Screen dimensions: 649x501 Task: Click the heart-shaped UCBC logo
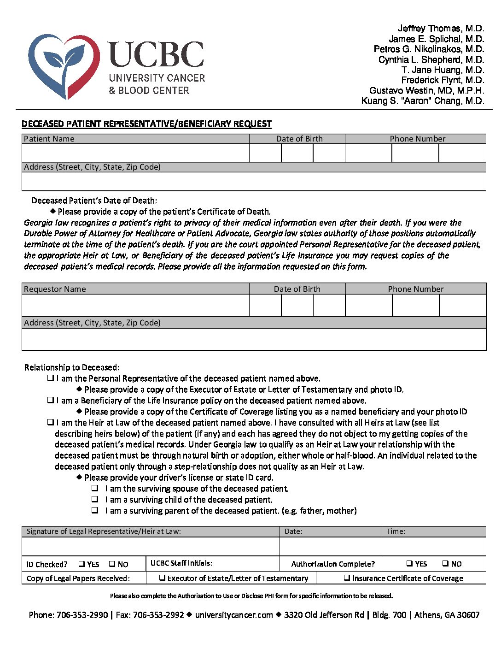tap(64, 66)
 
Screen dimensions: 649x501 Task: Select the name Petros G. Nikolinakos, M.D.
tap(429, 49)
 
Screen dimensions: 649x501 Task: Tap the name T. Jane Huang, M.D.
tap(443, 70)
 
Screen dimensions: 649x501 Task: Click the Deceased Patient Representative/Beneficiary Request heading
tap(146, 124)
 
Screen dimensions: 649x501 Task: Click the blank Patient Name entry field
tap(135, 153)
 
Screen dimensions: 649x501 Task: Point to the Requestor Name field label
tap(55, 289)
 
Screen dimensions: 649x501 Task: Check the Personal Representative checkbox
tap(50, 378)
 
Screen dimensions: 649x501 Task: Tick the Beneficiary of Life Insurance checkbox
tap(50, 400)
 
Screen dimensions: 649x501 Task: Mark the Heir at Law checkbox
tap(50, 422)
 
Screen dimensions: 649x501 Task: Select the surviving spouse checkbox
tap(95, 488)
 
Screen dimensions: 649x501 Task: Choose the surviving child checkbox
tap(95, 499)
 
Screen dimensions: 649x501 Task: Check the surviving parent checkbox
tap(95, 510)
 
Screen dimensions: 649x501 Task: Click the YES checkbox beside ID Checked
tap(82, 564)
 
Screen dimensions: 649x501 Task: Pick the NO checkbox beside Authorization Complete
tap(445, 563)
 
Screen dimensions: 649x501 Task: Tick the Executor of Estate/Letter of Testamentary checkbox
tap(162, 578)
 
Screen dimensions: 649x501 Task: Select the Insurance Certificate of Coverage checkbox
tap(347, 578)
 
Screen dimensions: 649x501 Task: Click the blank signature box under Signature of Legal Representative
tap(151, 547)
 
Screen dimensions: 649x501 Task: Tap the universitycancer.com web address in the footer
tap(234, 615)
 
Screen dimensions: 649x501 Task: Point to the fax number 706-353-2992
tap(158, 615)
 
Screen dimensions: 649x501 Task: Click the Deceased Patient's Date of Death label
tap(94, 201)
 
